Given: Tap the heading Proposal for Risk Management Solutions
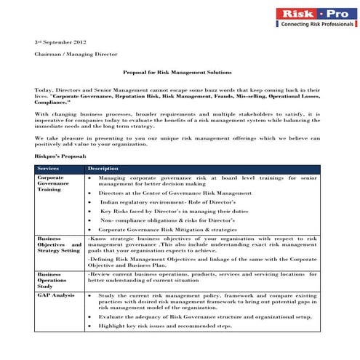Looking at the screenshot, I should [177, 73].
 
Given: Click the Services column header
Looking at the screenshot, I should [49, 169].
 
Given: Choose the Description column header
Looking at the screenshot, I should [103, 169].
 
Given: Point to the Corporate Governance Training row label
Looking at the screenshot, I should [53, 185].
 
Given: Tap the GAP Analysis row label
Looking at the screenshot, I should [55, 296].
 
